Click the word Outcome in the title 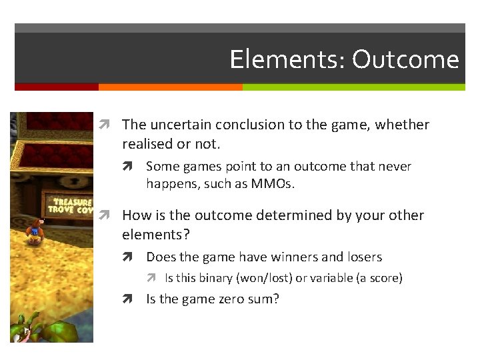coord(405,59)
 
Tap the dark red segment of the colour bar coord(56,87)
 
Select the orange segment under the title coord(170,87)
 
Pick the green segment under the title coord(353,87)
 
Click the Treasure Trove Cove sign coord(71,205)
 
